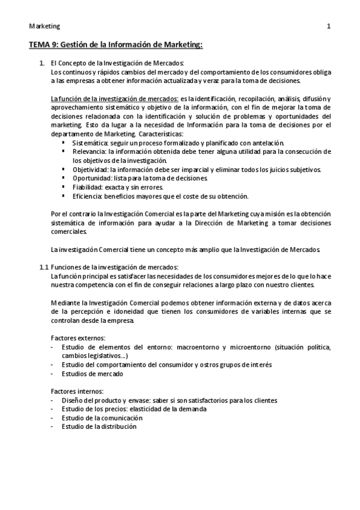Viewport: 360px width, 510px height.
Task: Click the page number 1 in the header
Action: (329, 26)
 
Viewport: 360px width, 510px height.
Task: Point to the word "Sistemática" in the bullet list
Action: (87, 143)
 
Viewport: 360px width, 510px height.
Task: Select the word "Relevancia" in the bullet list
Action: (85, 152)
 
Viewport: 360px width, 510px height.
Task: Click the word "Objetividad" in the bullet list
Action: (88, 170)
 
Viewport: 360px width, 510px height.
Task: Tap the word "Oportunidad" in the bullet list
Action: (88, 179)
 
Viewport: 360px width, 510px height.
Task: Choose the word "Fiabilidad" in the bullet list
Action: (85, 188)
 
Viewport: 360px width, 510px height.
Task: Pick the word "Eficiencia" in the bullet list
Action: (85, 197)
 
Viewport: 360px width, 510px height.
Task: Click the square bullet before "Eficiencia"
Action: (64, 197)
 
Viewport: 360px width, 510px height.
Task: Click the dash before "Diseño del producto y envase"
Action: (53, 400)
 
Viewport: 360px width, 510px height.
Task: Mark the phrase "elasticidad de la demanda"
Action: (167, 409)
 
